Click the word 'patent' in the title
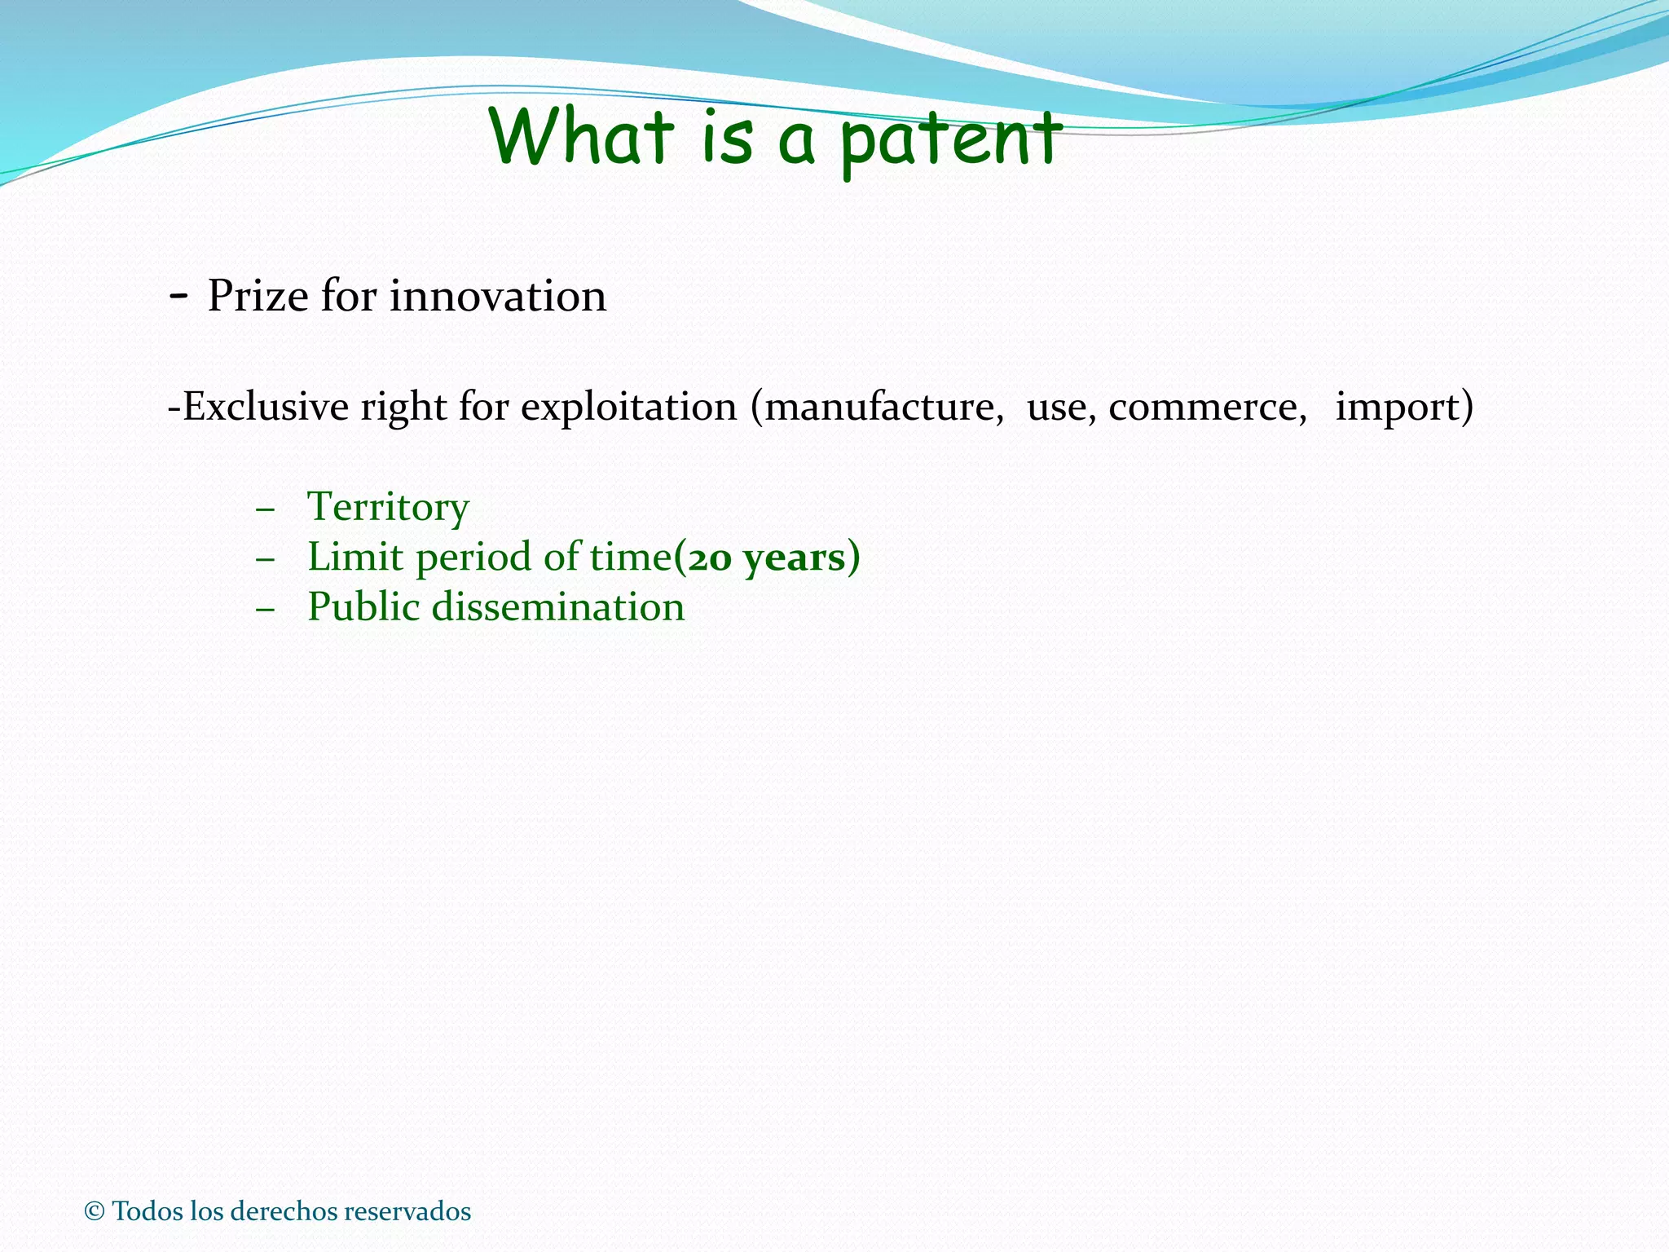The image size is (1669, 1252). coord(950,140)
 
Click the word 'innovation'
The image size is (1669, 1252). coord(498,296)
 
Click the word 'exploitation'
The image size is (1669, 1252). coord(628,407)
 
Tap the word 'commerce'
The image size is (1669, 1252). coord(1207,407)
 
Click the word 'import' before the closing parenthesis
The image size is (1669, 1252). coord(1394,407)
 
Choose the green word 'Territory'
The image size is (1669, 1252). coord(388,507)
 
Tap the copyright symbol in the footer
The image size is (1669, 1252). coord(95,1211)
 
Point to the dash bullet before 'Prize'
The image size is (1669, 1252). coord(178,296)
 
